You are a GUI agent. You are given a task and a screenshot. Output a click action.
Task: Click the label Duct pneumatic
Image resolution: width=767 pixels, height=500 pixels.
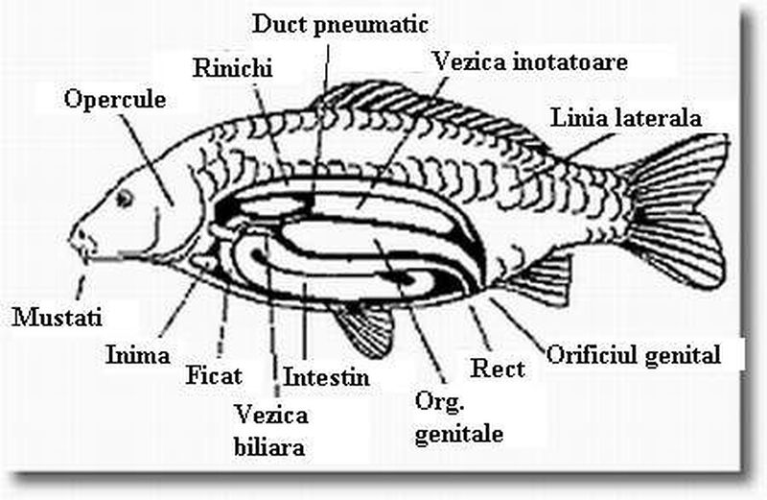click(340, 24)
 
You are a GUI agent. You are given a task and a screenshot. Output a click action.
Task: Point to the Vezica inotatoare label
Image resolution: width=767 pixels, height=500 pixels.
click(529, 62)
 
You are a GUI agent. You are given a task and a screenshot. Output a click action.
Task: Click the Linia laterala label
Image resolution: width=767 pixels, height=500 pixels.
click(627, 119)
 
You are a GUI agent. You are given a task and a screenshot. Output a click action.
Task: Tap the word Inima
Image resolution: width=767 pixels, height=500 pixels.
click(137, 353)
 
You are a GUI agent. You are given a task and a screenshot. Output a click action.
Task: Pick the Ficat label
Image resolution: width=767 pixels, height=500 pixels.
click(214, 375)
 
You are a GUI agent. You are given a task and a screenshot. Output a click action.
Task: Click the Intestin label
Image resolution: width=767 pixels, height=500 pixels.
click(326, 374)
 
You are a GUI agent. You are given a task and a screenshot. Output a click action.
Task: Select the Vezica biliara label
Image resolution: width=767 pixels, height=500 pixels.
click(271, 430)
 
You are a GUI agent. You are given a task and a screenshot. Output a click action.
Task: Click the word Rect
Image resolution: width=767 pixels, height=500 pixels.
click(499, 368)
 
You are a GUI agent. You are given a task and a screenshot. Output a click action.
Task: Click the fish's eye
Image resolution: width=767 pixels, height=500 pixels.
click(125, 198)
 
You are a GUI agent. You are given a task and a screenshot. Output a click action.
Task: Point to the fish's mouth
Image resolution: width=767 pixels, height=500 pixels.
click(77, 240)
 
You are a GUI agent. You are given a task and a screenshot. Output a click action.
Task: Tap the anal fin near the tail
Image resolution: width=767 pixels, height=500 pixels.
click(542, 278)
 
